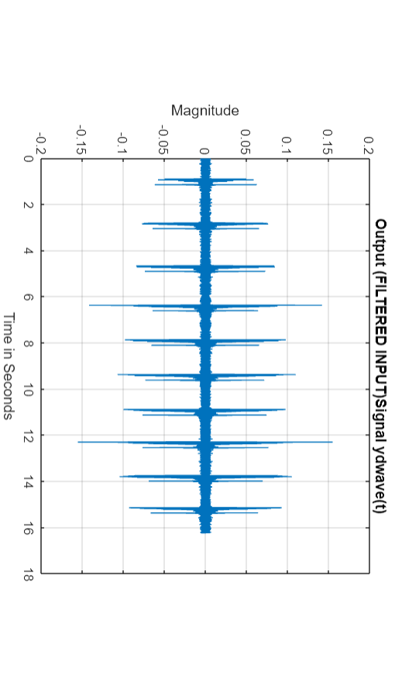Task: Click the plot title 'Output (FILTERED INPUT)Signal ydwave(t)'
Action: click(380, 365)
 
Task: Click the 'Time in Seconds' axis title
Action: click(9, 366)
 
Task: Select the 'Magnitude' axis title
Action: click(204, 111)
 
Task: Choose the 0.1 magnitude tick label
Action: click(287, 145)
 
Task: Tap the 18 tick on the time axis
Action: click(29, 573)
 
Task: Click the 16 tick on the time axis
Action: click(29, 528)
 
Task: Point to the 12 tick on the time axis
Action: click(29, 436)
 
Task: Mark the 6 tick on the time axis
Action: click(29, 297)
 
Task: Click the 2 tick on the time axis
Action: click(29, 205)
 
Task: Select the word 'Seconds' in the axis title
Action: click(9, 395)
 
